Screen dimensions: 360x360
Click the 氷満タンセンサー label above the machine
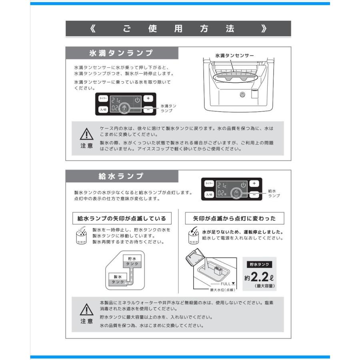[x=234, y=56]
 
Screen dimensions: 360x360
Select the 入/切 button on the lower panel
[x=209, y=195]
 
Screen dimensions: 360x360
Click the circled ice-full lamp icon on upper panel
[x=124, y=108]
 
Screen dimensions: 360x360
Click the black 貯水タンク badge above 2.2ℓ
[x=259, y=264]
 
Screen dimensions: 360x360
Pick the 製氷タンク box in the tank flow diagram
[x=118, y=279]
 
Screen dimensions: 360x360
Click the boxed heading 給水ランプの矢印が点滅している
[x=122, y=218]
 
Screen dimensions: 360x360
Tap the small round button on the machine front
[x=242, y=94]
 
